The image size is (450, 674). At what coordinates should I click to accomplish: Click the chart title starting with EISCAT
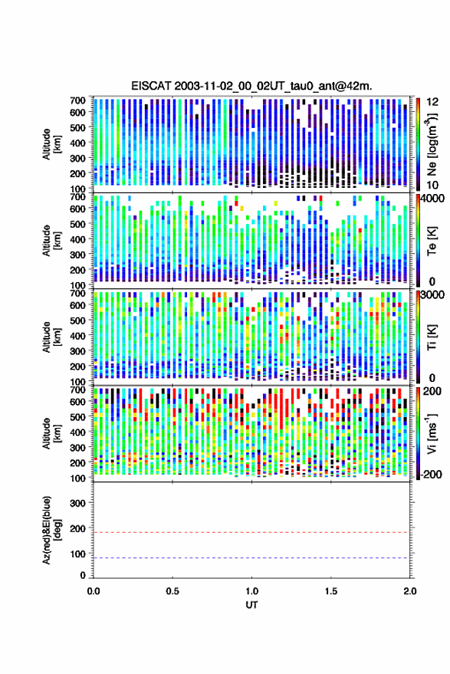pyautogui.click(x=252, y=86)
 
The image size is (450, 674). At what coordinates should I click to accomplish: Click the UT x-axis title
pyautogui.click(x=252, y=605)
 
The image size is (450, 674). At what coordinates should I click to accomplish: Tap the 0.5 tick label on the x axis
pyautogui.click(x=172, y=591)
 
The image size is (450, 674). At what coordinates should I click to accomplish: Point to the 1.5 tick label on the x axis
pyautogui.click(x=331, y=591)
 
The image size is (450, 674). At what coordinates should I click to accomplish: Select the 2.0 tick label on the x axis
pyautogui.click(x=409, y=591)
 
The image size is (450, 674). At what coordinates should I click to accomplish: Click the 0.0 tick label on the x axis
pyautogui.click(x=94, y=591)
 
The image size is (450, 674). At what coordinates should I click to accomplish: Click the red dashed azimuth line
pyautogui.click(x=251, y=532)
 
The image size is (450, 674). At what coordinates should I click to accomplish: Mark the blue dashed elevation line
pyautogui.click(x=251, y=558)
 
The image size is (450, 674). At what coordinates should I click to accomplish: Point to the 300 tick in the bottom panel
pyautogui.click(x=77, y=503)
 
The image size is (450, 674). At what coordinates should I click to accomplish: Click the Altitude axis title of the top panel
pyautogui.click(x=51, y=144)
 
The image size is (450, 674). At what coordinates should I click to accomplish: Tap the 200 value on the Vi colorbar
pyautogui.click(x=432, y=391)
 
